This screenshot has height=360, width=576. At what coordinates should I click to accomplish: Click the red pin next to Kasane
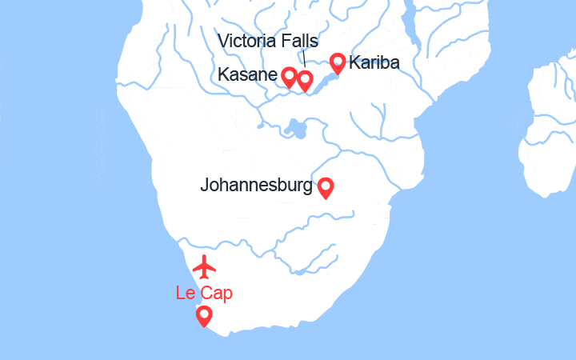[x=289, y=77]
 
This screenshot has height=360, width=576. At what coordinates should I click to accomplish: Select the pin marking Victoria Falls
[x=305, y=80]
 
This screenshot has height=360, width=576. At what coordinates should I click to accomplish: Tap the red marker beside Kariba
[x=338, y=62]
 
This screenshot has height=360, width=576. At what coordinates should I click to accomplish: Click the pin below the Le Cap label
[x=204, y=316]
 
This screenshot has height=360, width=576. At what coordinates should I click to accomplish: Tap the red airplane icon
[x=205, y=265]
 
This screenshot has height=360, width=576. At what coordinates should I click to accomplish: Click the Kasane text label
[x=247, y=74]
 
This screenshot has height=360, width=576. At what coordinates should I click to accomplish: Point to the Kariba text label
[x=374, y=62]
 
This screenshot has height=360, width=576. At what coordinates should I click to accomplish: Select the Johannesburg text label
[x=256, y=186]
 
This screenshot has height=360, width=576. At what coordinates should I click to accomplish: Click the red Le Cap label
[x=204, y=293]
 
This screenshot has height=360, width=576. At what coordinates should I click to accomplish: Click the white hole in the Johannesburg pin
[x=326, y=186]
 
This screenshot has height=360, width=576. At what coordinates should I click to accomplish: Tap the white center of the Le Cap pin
[x=204, y=314]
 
